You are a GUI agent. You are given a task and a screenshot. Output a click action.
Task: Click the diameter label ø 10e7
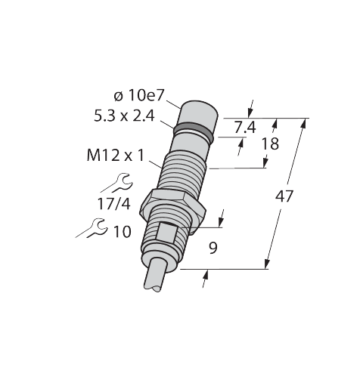(x=139, y=96)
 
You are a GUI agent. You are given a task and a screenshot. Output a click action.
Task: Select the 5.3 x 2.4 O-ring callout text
(x=124, y=116)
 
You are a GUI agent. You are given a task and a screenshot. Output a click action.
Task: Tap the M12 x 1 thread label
(x=115, y=156)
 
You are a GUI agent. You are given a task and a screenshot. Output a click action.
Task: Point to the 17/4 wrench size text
(x=114, y=204)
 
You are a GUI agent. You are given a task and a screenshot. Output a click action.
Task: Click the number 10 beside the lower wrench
(x=123, y=231)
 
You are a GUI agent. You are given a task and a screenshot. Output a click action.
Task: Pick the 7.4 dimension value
(x=245, y=128)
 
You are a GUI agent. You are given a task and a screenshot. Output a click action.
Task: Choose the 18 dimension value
(x=270, y=144)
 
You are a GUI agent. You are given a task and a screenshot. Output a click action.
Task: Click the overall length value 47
(x=284, y=196)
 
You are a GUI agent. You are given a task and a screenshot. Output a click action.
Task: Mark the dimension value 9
(x=213, y=249)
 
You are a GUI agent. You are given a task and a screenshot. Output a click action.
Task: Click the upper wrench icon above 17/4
(x=117, y=184)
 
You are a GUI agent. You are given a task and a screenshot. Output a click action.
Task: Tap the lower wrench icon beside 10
(x=93, y=228)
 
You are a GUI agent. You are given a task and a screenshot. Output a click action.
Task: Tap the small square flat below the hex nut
(x=168, y=233)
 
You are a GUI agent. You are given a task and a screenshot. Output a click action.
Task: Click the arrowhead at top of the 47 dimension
(x=304, y=123)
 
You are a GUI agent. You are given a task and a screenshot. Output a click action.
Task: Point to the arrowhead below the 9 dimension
(x=206, y=274)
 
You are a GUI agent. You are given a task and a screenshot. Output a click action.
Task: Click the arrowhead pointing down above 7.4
(x=250, y=113)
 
